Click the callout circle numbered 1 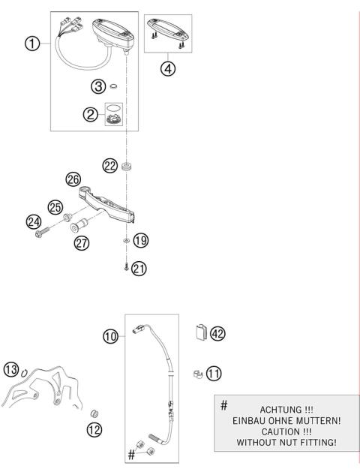(x=31, y=44)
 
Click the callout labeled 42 (x=217, y=332)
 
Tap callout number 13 (x=10, y=368)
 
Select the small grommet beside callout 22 (x=128, y=165)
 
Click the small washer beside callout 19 (x=125, y=241)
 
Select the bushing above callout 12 (x=95, y=413)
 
